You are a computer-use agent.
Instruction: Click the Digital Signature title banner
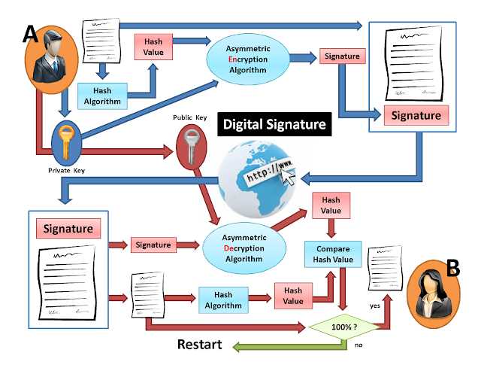tap(274, 124)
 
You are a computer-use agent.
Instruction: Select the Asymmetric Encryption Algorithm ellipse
tap(248, 59)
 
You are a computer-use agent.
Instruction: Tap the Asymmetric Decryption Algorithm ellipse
tap(244, 248)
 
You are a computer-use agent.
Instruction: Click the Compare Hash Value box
tap(333, 254)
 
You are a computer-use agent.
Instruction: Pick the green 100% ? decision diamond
tap(344, 327)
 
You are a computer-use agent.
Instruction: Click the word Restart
tap(200, 344)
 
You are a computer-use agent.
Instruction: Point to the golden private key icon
tap(66, 142)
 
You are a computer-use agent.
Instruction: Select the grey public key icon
tap(192, 147)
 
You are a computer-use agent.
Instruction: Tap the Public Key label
tap(190, 117)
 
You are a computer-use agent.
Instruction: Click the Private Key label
tap(66, 171)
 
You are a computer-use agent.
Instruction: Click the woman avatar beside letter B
tap(433, 294)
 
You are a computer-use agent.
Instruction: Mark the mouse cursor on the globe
tap(288, 177)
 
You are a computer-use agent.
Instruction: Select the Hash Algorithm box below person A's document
tap(102, 96)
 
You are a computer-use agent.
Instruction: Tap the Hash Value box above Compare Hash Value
tap(331, 205)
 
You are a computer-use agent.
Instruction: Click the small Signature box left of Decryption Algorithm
tap(153, 245)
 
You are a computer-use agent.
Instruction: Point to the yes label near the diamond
tap(375, 306)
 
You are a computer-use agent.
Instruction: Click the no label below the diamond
tap(358, 345)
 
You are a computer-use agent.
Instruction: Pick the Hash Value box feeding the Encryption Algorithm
tap(153, 47)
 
